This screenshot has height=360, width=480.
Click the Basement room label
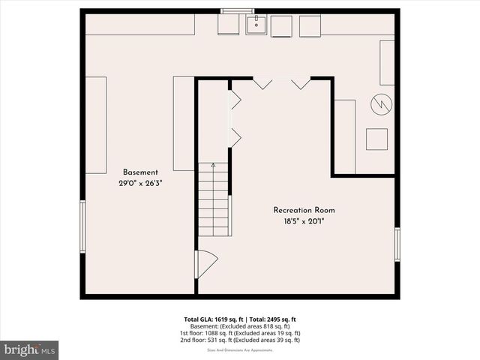point(140,172)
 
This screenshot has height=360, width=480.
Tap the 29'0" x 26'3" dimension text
point(140,183)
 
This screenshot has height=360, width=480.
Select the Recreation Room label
point(304,210)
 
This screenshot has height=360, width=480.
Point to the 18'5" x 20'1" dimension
point(304,221)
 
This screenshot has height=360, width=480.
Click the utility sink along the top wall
point(257,25)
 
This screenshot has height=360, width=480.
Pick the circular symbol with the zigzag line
point(381,104)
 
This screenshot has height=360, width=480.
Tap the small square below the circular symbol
point(376,139)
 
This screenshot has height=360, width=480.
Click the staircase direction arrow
point(213,165)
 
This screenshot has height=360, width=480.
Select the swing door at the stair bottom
point(205,264)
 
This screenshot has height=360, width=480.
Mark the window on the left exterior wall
point(83,227)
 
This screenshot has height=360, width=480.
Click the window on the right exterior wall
point(397,244)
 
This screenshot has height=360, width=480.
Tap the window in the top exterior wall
point(237,10)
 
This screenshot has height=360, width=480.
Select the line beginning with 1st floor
point(240,333)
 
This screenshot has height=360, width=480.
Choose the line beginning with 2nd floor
point(240,340)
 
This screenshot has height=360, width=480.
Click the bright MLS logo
point(29,349)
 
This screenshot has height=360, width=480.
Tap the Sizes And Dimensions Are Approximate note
point(240,349)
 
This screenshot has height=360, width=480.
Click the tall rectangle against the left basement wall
point(95,124)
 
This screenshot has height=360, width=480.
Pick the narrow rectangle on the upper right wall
point(387,62)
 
